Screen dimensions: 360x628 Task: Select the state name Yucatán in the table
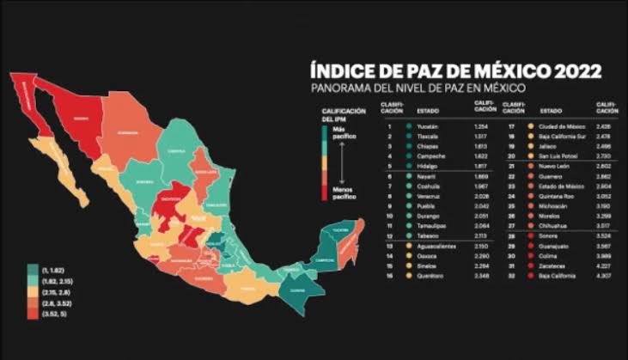point(427,126)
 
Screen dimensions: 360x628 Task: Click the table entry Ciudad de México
point(563,126)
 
